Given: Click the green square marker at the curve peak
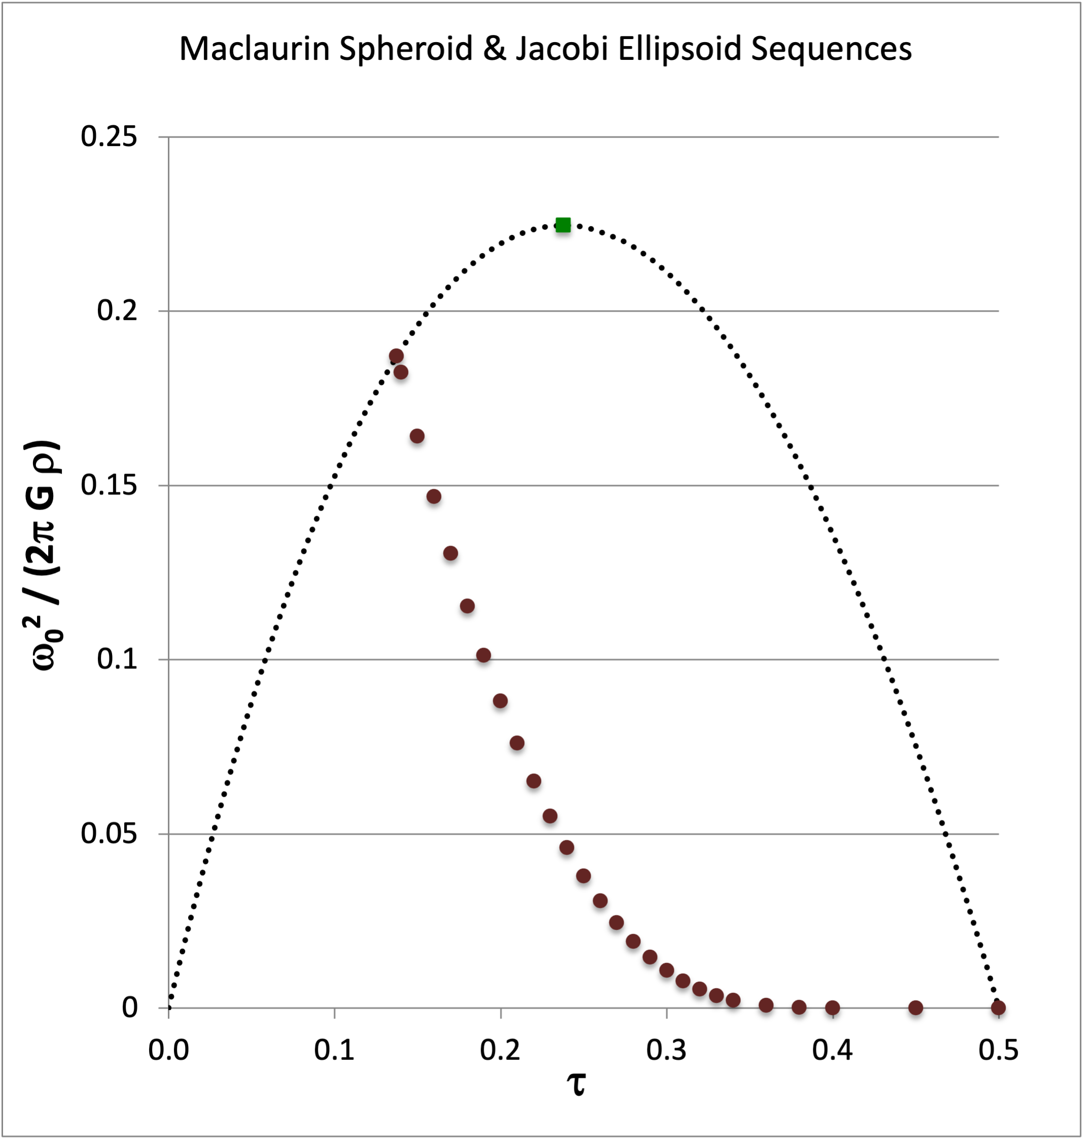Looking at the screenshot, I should pos(563,225).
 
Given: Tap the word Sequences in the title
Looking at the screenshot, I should pos(831,49).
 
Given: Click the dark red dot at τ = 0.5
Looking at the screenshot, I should pos(998,1008).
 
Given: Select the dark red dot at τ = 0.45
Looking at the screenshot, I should pos(916,1008).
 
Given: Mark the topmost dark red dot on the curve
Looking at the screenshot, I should pos(396,356).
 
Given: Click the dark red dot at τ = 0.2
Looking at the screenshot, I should pos(500,701).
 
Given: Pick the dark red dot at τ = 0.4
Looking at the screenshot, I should pos(833,1008).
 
